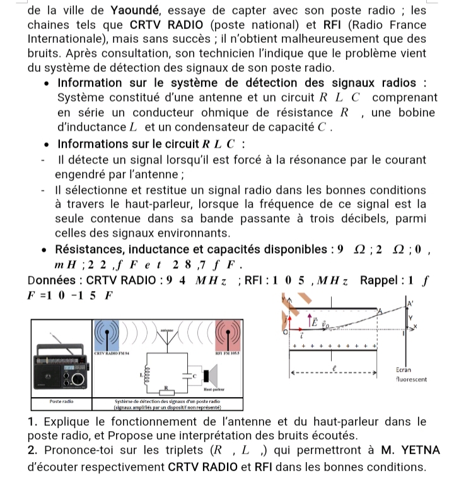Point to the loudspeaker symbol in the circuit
click(212, 375)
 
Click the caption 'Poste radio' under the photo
click(61, 401)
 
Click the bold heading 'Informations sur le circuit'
click(149, 143)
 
